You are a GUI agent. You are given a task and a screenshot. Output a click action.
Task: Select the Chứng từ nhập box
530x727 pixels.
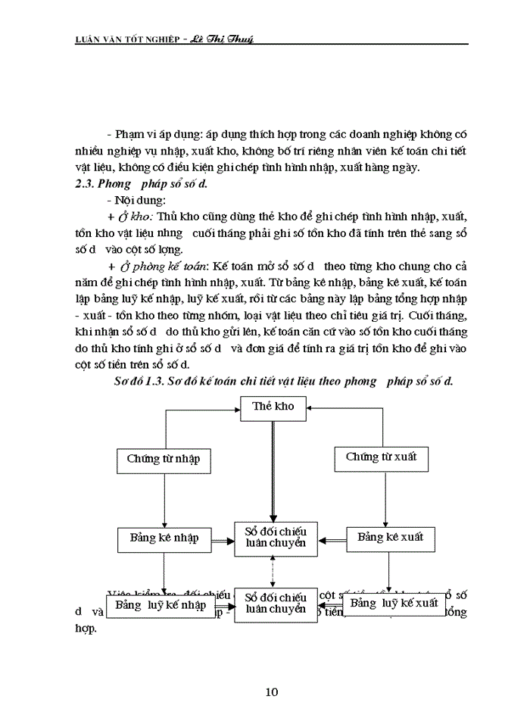(164, 460)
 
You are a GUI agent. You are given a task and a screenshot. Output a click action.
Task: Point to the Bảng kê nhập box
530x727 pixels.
(164, 538)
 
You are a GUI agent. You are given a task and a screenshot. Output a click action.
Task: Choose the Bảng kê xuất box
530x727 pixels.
(391, 538)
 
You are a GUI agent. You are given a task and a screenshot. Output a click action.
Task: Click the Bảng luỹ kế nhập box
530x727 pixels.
(161, 605)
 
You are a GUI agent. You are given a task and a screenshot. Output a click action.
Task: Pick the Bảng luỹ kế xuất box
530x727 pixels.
(394, 604)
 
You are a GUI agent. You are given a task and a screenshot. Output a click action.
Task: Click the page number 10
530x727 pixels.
(273, 691)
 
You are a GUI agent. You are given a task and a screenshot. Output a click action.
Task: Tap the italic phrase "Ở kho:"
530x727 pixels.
(136, 216)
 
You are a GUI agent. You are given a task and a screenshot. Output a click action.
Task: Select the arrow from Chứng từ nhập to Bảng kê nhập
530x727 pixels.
(164, 499)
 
